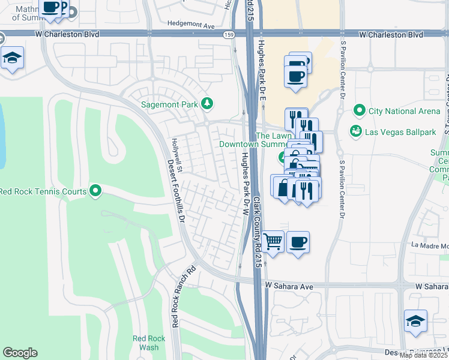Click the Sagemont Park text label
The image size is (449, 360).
pyautogui.click(x=169, y=104)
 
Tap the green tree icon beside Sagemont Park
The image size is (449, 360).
pyautogui.click(x=207, y=104)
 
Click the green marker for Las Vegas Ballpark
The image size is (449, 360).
pyautogui.click(x=356, y=131)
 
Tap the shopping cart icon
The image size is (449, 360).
pyautogui.click(x=273, y=242)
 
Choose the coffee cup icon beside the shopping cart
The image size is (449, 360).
pyautogui.click(x=298, y=242)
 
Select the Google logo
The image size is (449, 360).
pyautogui.click(x=20, y=353)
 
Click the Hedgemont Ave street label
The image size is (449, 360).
pyautogui.click(x=191, y=26)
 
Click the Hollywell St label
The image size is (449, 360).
pyautogui.click(x=176, y=152)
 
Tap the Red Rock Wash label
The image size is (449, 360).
pyautogui.click(x=146, y=343)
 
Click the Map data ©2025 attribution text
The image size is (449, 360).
pyautogui.click(x=423, y=355)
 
